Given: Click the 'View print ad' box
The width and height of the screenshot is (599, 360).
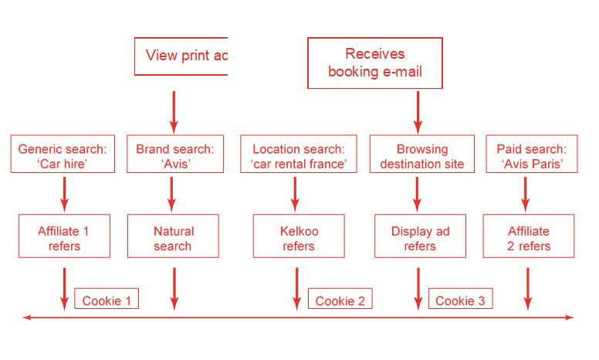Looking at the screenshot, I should pyautogui.click(x=181, y=56).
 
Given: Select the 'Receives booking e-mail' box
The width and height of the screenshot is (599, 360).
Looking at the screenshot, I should pyautogui.click(x=375, y=63).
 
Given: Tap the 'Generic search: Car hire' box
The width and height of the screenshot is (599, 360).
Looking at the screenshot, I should pyautogui.click(x=63, y=155).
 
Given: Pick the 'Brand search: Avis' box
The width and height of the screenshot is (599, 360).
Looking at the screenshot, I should pyautogui.click(x=174, y=155).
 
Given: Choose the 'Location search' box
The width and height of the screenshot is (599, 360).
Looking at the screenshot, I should pyautogui.click(x=298, y=155).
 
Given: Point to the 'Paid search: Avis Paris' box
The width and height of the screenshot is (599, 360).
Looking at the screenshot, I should pyautogui.click(x=530, y=155).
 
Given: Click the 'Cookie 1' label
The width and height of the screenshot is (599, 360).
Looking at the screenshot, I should pyautogui.click(x=107, y=300).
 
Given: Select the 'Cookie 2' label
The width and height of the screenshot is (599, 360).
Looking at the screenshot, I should pyautogui.click(x=340, y=300).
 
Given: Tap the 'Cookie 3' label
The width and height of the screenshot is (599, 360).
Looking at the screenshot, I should pyautogui.click(x=460, y=300).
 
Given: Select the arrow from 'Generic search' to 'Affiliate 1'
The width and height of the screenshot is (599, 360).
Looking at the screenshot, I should pyautogui.click(x=64, y=193).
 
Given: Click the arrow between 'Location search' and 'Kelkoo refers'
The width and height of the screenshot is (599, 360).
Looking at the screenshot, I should pyautogui.click(x=296, y=193).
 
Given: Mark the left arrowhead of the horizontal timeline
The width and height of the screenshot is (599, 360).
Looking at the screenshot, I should pyautogui.click(x=28, y=317).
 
